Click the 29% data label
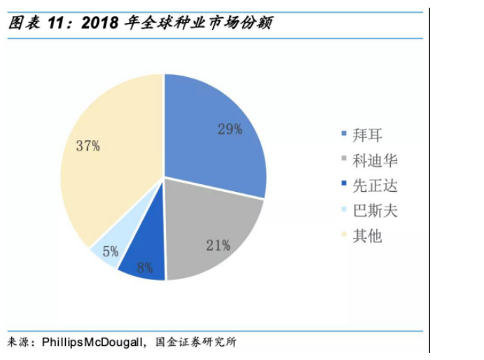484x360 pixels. (229, 129)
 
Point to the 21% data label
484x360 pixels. (218, 245)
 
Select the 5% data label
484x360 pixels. (111, 251)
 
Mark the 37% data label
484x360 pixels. (88, 146)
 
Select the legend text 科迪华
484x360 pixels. (375, 160)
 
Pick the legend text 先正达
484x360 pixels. (375, 186)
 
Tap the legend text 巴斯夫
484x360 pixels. (375, 211)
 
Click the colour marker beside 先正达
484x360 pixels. (343, 186)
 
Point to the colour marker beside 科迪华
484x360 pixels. (343, 160)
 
